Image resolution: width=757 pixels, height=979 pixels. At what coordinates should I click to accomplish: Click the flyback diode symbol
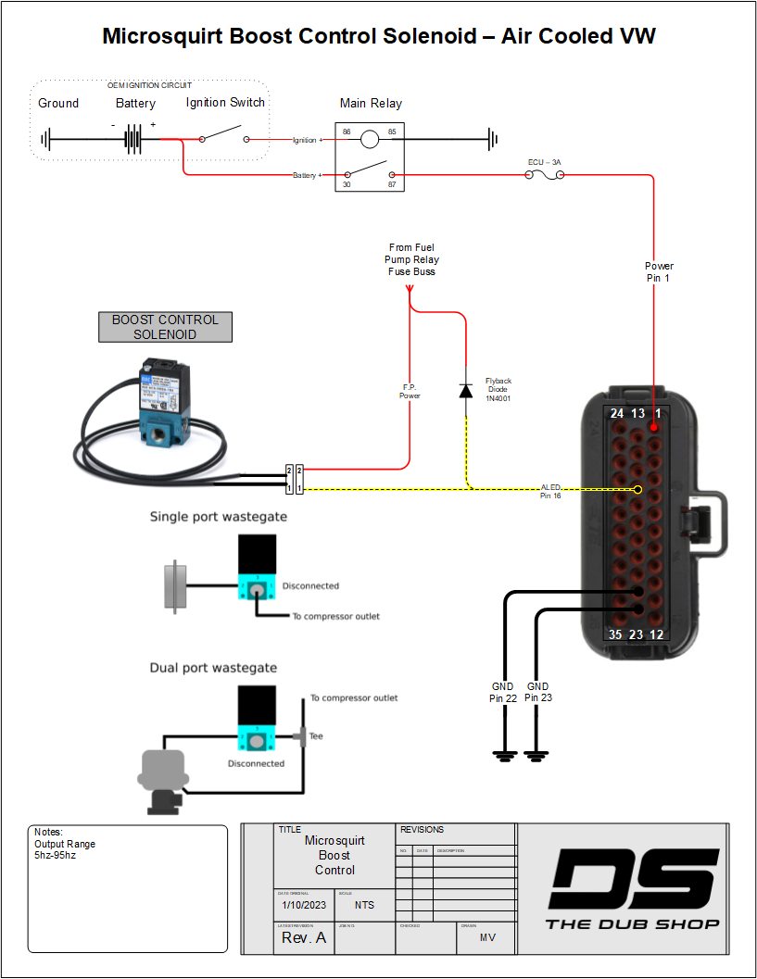click(x=466, y=390)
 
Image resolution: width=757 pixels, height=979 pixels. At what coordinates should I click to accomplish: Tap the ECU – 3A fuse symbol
click(x=544, y=174)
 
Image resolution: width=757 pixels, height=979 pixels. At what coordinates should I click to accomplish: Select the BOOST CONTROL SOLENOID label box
click(x=165, y=327)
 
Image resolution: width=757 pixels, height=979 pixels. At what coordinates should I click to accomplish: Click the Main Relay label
click(x=371, y=103)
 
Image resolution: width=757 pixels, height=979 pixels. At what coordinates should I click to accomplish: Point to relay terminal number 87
click(x=392, y=185)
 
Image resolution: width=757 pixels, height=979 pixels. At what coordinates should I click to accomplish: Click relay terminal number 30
click(x=347, y=185)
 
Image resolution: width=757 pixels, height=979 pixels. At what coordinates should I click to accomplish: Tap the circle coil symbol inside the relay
click(x=369, y=140)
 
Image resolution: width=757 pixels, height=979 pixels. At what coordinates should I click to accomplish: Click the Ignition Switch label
click(x=225, y=103)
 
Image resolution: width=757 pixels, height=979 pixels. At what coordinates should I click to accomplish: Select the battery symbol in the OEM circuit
click(x=134, y=141)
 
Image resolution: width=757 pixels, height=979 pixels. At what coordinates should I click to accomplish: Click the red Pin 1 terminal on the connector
click(x=654, y=428)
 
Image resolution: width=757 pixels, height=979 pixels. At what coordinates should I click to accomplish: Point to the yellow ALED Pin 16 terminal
click(x=637, y=489)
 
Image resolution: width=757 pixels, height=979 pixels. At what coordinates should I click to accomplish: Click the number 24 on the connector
click(x=616, y=413)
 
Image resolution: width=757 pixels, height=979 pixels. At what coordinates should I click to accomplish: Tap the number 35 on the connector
click(x=615, y=634)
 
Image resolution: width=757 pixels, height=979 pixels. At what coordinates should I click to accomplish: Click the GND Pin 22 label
click(x=504, y=692)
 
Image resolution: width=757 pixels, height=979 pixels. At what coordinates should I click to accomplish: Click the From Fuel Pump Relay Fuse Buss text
click(x=412, y=259)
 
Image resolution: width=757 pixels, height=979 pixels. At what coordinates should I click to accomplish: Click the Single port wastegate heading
click(x=219, y=517)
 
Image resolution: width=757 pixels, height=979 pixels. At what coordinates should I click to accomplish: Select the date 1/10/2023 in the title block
click(x=305, y=905)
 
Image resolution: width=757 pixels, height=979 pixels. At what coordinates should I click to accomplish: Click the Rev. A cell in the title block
click(x=304, y=937)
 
